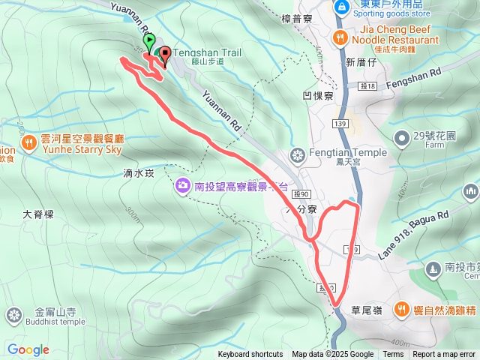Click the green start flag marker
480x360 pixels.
click(x=148, y=42)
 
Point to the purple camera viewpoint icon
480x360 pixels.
click(x=182, y=184)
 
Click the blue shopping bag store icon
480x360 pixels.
click(x=341, y=7)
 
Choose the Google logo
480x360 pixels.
click(x=28, y=349)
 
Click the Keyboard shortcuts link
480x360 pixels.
click(x=250, y=355)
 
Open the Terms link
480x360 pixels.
click(x=393, y=355)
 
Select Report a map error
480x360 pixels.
click(x=444, y=355)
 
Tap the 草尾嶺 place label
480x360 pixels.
click(x=366, y=309)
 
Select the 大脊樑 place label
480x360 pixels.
click(x=38, y=214)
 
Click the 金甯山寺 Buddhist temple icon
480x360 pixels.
click(x=13, y=316)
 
